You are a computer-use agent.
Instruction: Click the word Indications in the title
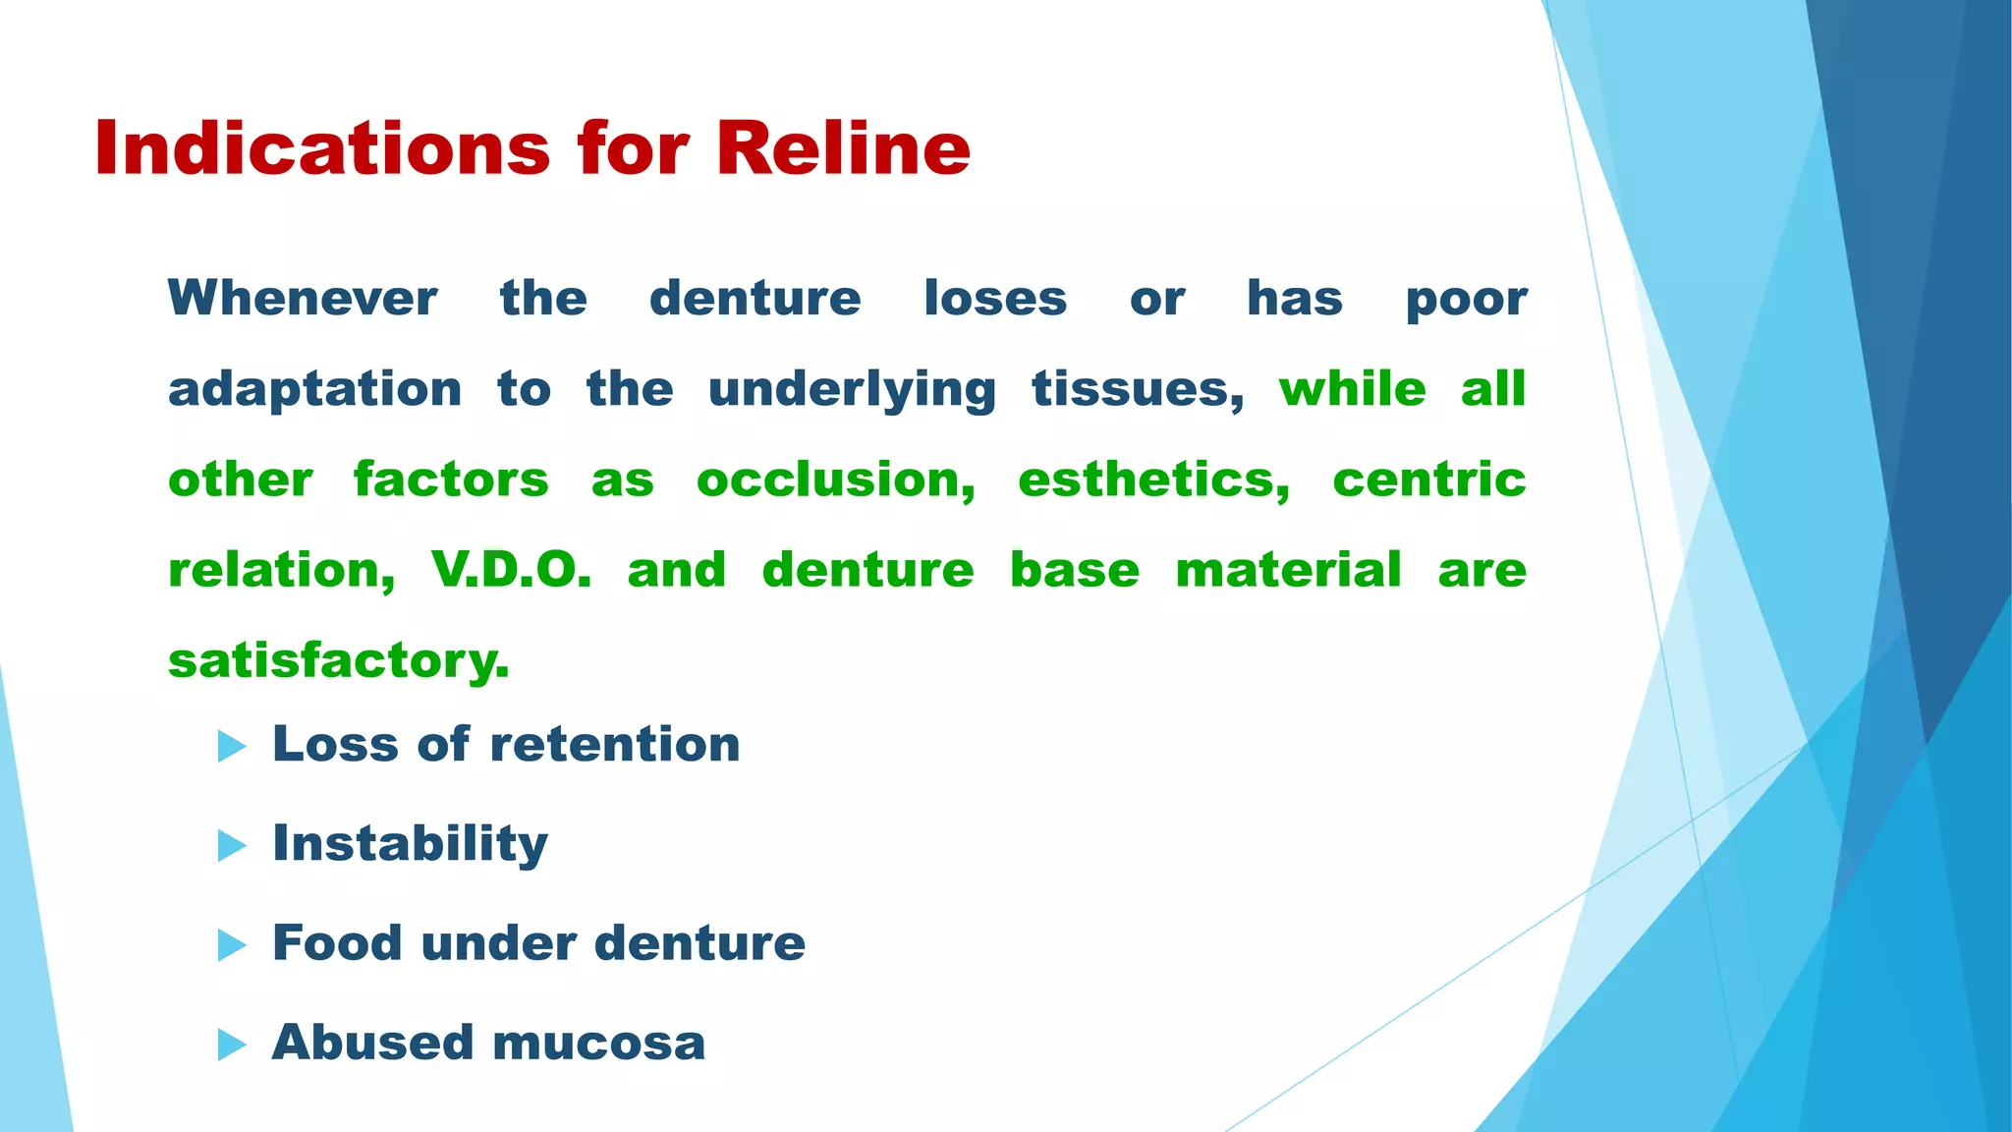pyautogui.click(x=322, y=149)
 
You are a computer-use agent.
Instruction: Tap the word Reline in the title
pyautogui.click(x=843, y=149)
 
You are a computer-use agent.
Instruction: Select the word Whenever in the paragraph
pyautogui.click(x=303, y=299)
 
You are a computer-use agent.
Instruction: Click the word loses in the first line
pyautogui.click(x=994, y=299)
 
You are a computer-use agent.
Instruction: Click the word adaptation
pyautogui.click(x=314, y=390)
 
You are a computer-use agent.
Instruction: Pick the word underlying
pyautogui.click(x=852, y=390)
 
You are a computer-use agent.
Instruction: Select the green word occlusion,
pyautogui.click(x=836, y=481)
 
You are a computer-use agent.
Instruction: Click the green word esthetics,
pyautogui.click(x=1153, y=481)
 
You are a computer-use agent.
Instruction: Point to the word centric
pyautogui.click(x=1428, y=481)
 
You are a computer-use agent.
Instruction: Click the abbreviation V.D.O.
pyautogui.click(x=511, y=570)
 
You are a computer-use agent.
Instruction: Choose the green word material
pyautogui.click(x=1288, y=570)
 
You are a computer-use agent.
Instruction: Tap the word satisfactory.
pyautogui.click(x=339, y=660)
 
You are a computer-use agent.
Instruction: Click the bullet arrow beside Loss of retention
pyautogui.click(x=232, y=746)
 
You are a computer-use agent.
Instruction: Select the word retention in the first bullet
pyautogui.click(x=615, y=744)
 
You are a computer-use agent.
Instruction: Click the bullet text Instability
pyautogui.click(x=410, y=844)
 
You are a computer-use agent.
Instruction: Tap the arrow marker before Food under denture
pyautogui.click(x=232, y=945)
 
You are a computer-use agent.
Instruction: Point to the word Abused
pyautogui.click(x=372, y=1043)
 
